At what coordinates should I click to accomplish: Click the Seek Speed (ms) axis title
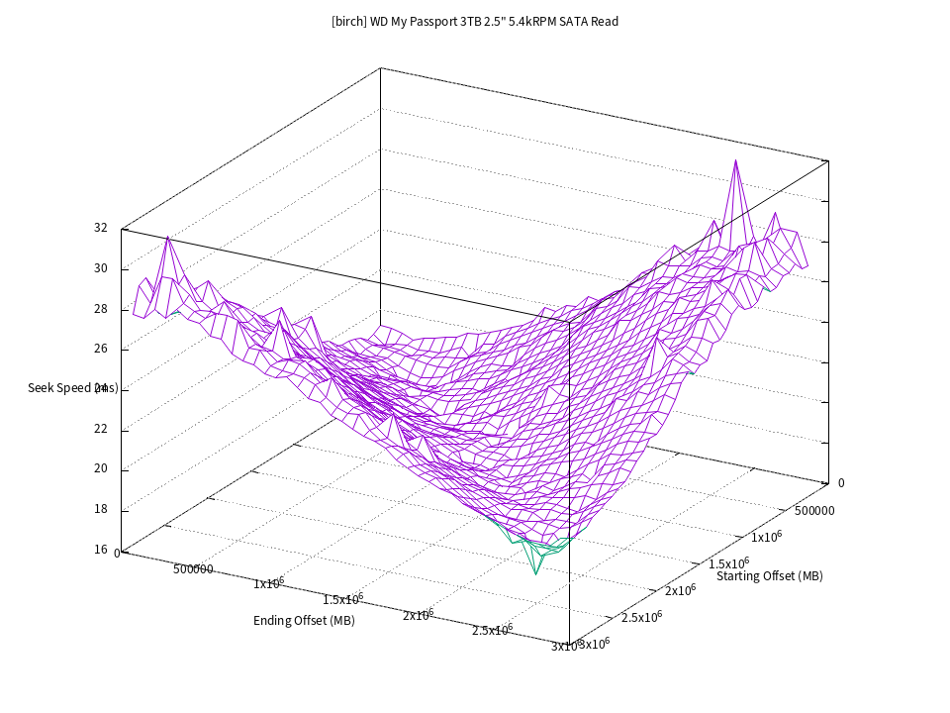pos(73,387)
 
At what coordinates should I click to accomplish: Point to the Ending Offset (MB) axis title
pos(304,621)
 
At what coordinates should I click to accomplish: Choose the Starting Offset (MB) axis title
pos(769,575)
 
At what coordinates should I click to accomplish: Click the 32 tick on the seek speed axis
pos(100,228)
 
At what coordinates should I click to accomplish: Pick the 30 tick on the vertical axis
pos(100,268)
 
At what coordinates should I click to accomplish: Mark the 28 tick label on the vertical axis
pos(100,309)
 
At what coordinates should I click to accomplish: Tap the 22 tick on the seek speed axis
pos(100,430)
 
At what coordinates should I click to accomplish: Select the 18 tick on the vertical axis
pos(100,510)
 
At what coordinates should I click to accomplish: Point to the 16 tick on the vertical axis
pos(100,550)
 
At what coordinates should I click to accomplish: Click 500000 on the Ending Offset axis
pos(194,569)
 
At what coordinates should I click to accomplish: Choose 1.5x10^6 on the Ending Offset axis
pos(343,599)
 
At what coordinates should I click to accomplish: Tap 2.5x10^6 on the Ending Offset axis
pos(492,630)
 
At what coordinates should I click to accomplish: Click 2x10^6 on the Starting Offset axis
pos(679,589)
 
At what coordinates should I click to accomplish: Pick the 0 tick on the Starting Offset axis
pos(841,483)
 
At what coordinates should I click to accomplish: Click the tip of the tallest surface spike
pos(735,160)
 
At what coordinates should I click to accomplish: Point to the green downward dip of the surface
pos(536,572)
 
